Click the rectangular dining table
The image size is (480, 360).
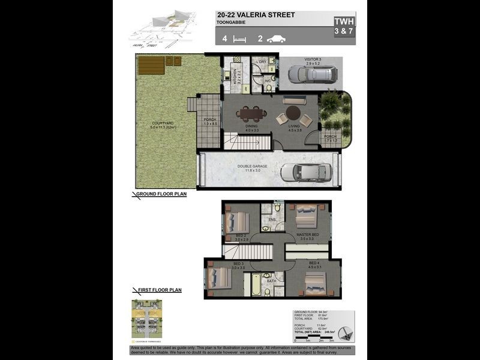coord(251,113)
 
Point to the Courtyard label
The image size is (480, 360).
coord(162,125)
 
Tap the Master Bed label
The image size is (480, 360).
coord(307,235)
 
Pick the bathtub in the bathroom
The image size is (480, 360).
coord(256,284)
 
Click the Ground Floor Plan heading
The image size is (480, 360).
coord(161,194)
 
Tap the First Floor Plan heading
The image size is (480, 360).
coord(159,290)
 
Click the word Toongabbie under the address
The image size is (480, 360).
coord(231,23)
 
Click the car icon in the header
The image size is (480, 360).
coord(276,39)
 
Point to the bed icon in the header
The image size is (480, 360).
coord(240,39)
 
